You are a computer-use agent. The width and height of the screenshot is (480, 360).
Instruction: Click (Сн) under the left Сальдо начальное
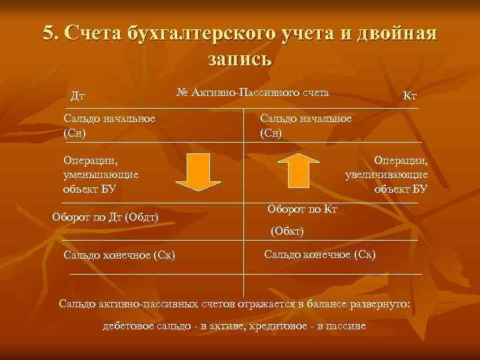tap(75, 132)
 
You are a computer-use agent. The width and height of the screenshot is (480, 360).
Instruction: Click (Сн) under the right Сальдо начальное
tap(271, 132)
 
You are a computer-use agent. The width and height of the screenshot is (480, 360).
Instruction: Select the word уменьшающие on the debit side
tap(101, 175)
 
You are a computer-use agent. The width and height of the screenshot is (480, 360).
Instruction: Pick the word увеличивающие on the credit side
tap(387, 175)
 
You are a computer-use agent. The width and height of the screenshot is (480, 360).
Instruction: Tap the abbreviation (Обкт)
tap(287, 231)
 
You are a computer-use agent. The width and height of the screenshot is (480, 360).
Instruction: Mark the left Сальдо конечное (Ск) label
tap(119, 255)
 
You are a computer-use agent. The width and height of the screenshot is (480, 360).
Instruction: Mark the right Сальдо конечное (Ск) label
tap(320, 254)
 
